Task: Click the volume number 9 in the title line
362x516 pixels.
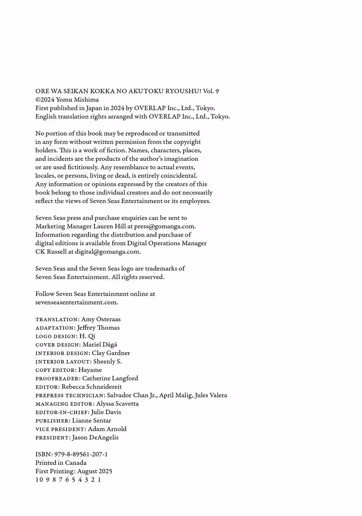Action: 217,91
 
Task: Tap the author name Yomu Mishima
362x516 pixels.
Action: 77,100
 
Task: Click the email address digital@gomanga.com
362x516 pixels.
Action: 107,252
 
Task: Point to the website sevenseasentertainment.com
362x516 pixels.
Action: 76,302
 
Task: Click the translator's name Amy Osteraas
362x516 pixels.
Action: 101,319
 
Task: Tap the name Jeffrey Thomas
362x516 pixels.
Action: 98,328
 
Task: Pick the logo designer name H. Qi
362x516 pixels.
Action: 87,336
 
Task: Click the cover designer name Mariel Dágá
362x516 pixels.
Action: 100,344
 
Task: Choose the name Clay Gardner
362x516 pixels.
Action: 111,353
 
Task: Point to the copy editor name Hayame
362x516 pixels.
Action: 90,370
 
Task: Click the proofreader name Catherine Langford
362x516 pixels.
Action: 110,378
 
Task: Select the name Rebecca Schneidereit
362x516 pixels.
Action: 92,387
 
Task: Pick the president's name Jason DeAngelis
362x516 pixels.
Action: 95,437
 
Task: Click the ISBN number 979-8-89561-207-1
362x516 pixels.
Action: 81,454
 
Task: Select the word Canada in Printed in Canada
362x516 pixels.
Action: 76,463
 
